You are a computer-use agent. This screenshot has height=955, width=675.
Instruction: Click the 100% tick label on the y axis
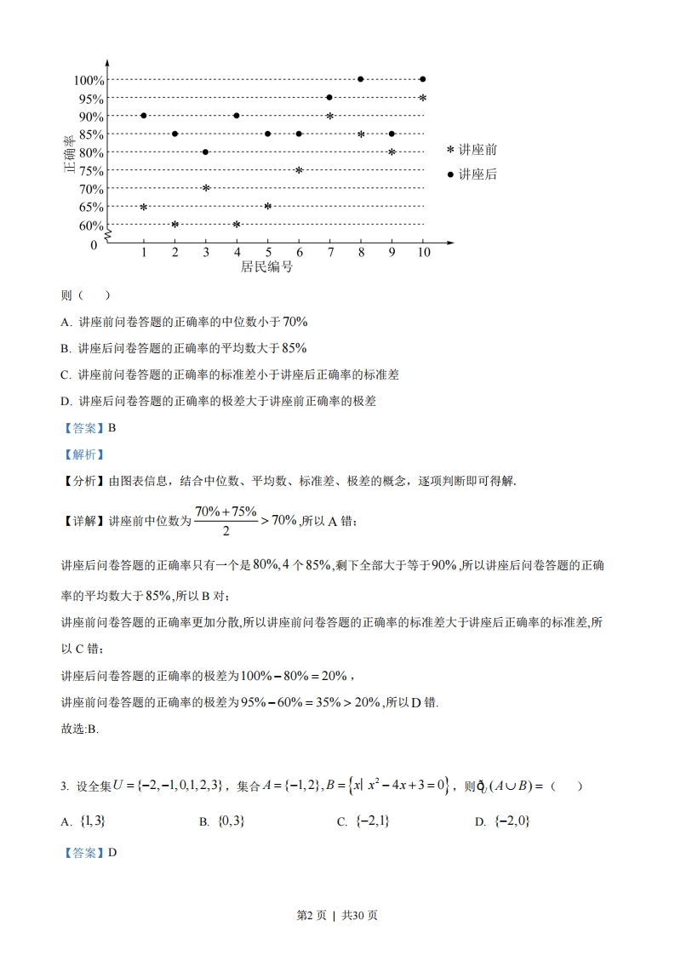click(89, 80)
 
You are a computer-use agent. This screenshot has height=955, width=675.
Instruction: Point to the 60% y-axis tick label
click(91, 226)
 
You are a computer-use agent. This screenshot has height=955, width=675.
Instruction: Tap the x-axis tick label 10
click(423, 253)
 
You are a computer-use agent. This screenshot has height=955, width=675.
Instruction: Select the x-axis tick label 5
click(268, 253)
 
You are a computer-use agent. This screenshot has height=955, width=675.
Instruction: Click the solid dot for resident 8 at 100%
click(361, 79)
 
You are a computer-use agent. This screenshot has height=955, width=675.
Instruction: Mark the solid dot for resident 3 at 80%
click(206, 152)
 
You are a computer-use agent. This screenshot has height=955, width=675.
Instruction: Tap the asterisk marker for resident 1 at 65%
click(144, 207)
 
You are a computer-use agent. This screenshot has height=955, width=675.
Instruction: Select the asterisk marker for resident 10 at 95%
click(422, 98)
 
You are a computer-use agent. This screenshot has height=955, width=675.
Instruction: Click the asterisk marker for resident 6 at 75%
click(299, 170)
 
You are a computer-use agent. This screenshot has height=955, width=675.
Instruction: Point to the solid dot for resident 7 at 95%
click(329, 97)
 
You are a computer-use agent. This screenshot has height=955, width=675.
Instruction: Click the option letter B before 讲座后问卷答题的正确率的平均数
click(65, 348)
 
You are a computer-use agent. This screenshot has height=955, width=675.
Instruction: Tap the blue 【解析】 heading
click(83, 455)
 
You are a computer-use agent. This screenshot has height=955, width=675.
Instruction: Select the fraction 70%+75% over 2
click(226, 521)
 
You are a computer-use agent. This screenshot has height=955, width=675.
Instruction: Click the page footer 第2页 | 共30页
click(337, 915)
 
